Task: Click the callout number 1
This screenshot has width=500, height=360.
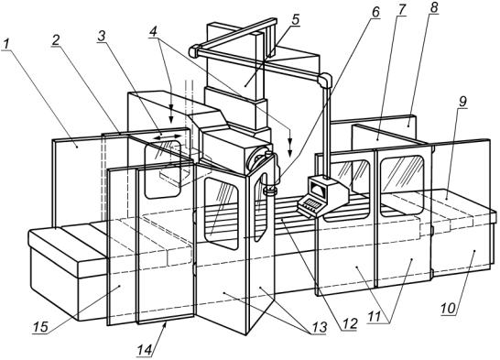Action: [x=6, y=44]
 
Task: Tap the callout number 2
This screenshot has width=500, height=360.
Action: [x=56, y=40]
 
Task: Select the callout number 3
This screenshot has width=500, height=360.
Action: [x=102, y=36]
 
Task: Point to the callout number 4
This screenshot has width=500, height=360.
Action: [x=154, y=32]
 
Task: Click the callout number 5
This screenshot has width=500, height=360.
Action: [x=296, y=19]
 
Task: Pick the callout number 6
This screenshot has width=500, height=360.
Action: [x=375, y=13]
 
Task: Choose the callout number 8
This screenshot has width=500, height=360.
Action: [x=433, y=7]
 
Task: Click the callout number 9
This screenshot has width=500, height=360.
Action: [x=462, y=102]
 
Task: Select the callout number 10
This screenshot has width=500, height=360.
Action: [x=450, y=309]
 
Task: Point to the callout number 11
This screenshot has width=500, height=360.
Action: [x=375, y=317]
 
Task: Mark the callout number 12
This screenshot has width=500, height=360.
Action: [x=349, y=324]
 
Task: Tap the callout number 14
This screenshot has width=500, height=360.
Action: [x=146, y=350]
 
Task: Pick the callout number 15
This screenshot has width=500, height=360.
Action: [x=40, y=326]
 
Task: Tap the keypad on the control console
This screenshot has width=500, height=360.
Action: [x=310, y=204]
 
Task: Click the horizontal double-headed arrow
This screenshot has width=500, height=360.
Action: [x=167, y=137]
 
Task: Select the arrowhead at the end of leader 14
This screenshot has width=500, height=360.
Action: [x=166, y=325]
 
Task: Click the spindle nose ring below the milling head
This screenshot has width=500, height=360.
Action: [x=270, y=191]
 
